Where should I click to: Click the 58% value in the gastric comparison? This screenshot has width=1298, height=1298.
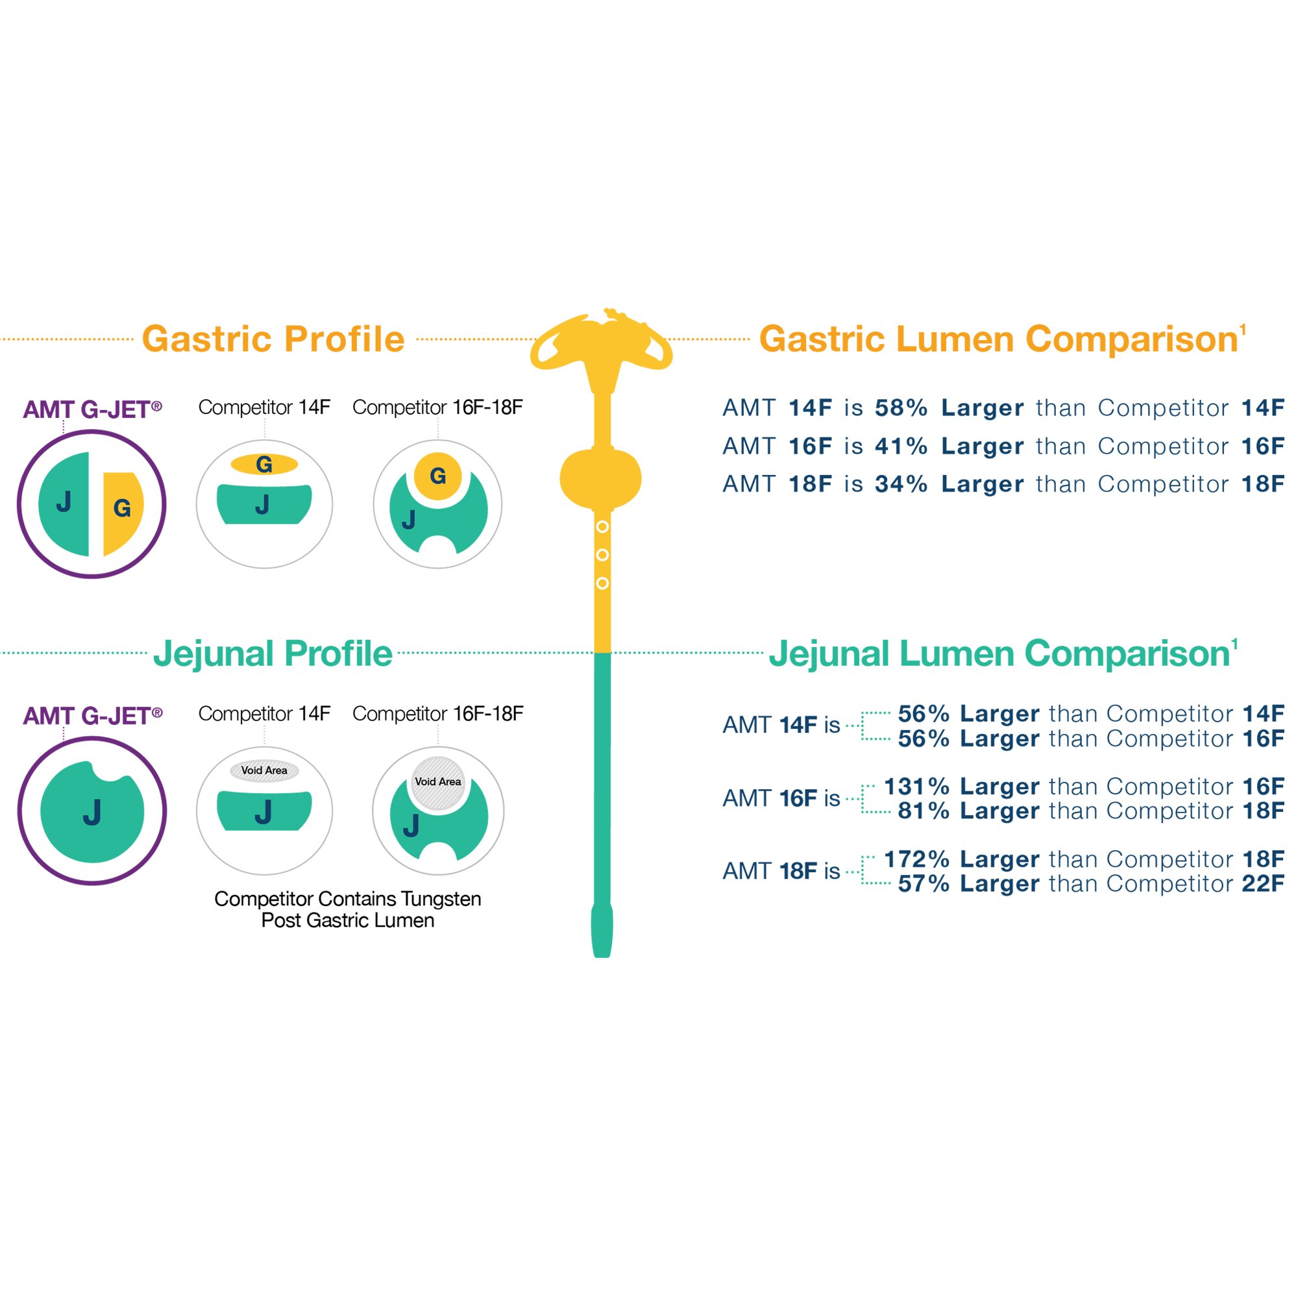pos(900,408)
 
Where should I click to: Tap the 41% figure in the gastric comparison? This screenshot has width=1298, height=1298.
pos(900,446)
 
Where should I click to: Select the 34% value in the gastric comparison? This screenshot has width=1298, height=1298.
pos(900,484)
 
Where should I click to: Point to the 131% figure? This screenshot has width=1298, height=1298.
pos(916,786)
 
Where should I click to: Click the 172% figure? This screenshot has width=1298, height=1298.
pos(916,859)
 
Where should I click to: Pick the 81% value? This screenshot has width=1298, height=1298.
pos(923,811)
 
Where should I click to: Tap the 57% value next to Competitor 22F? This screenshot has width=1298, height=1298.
pos(923,884)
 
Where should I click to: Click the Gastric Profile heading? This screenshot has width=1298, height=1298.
pos(273,339)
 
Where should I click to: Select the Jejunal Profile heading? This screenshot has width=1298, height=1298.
pos(273,654)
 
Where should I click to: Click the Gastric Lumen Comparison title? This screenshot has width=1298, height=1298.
pos(998,339)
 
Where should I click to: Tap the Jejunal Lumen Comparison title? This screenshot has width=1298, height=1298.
pos(999,654)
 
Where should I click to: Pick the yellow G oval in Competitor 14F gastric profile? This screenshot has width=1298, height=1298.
pos(264,464)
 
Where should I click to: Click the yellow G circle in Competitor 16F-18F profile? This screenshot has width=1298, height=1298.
pos(437,476)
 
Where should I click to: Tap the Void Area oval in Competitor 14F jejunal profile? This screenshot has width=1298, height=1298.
pos(264,770)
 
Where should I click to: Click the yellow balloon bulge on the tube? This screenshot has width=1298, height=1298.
pos(600,479)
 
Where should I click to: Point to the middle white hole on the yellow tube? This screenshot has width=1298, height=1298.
pos(603,555)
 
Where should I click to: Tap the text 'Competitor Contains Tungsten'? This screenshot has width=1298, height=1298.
pos(347,899)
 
